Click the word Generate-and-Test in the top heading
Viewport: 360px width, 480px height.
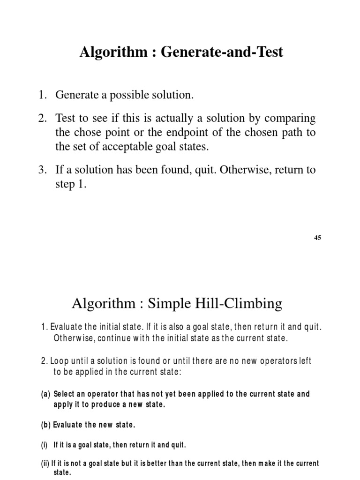222,52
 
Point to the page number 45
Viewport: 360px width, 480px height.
317,238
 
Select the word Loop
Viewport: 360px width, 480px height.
60,361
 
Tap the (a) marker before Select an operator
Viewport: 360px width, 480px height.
45,394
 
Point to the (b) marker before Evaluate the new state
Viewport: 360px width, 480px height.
46,425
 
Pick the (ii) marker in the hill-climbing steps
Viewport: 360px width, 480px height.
45,463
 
